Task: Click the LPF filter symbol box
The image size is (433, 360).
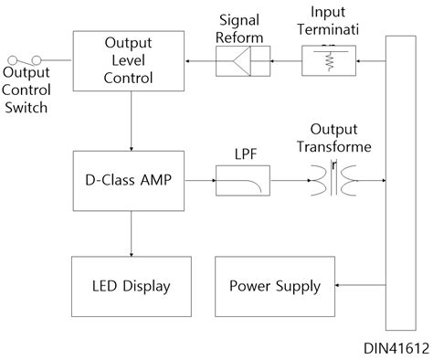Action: pos(242,181)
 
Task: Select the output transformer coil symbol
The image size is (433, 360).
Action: pos(334,181)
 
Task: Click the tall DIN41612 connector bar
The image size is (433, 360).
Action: pos(400,183)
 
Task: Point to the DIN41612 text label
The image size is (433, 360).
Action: pos(395,347)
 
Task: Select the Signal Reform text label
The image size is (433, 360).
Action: pos(242,26)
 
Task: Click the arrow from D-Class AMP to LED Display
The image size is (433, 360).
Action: pos(132,234)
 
